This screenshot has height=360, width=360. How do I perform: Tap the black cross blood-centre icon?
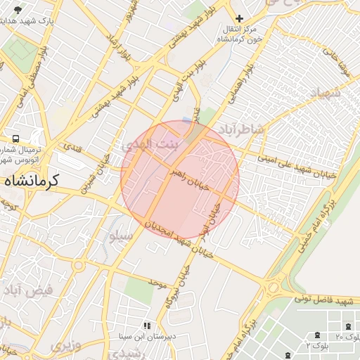[240, 18]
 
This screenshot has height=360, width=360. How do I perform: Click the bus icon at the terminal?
[15, 139]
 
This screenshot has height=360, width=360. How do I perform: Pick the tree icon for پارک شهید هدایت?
[18, 9]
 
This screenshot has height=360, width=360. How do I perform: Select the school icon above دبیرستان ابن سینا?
[147, 326]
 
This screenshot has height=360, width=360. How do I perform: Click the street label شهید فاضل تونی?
[323, 301]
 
